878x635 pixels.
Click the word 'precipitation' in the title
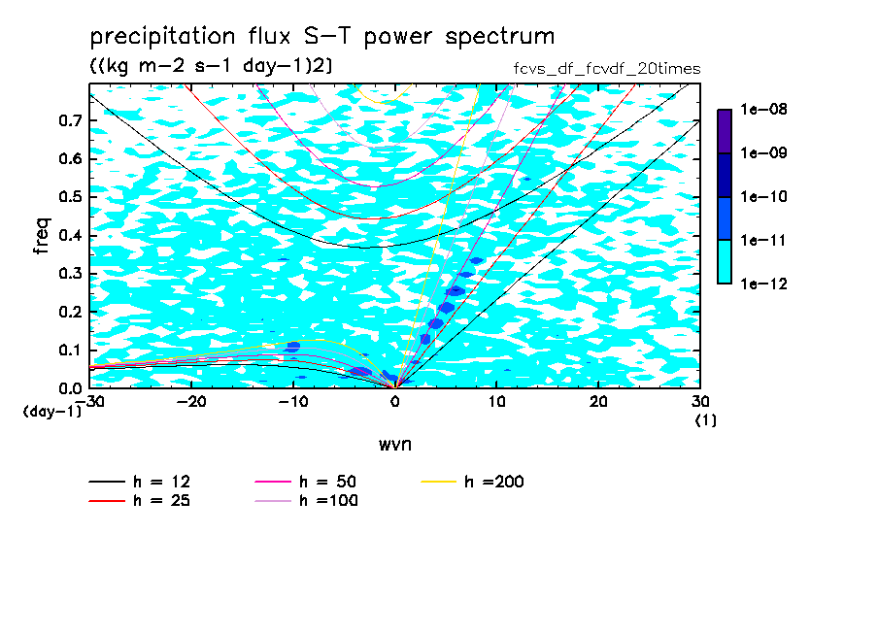pos(162,37)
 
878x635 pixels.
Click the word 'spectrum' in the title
pos(500,37)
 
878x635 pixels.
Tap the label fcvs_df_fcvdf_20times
pos(607,69)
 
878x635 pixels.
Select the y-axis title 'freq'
pos(42,236)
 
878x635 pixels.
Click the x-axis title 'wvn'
pos(395,445)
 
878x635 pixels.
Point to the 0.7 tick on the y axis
pos(70,120)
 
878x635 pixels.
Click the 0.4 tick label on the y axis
pos(70,235)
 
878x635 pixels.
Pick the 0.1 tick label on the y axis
pos(70,350)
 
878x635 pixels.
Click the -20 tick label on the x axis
pos(191,402)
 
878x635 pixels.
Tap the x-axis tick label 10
pos(496,402)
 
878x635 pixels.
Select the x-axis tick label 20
pos(598,402)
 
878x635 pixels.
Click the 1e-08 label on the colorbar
pos(763,109)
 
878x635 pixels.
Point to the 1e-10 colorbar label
pos(763,196)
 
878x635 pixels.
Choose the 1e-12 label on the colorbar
pos(763,284)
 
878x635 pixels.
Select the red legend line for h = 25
pos(107,500)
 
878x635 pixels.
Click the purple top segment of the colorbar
pos(725,131)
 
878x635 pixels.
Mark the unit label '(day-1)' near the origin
pos(52,412)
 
